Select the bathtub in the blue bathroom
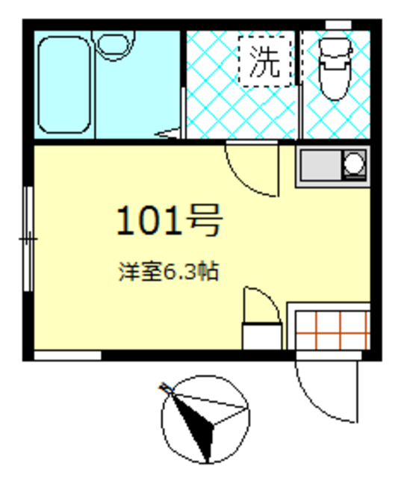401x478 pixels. click(x=64, y=84)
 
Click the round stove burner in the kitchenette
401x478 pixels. click(x=354, y=162)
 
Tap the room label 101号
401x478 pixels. click(x=169, y=220)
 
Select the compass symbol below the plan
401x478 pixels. click(x=203, y=419)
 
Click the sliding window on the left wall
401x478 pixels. click(x=28, y=239)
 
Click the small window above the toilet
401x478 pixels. click(x=339, y=25)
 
